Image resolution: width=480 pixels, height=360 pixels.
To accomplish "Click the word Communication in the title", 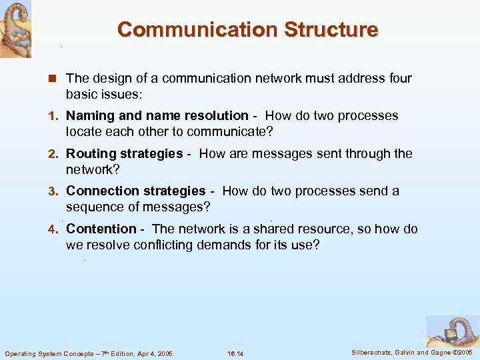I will coord(197,30).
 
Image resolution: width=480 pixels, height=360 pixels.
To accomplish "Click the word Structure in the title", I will coord(331,30).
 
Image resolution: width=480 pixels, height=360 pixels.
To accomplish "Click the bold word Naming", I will coord(88,116).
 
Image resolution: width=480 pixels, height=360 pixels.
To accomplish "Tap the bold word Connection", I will coord(101,191).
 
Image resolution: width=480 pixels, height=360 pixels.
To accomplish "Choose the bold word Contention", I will coord(101,229).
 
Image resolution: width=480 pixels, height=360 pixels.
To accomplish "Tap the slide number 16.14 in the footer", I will coord(235,353).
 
